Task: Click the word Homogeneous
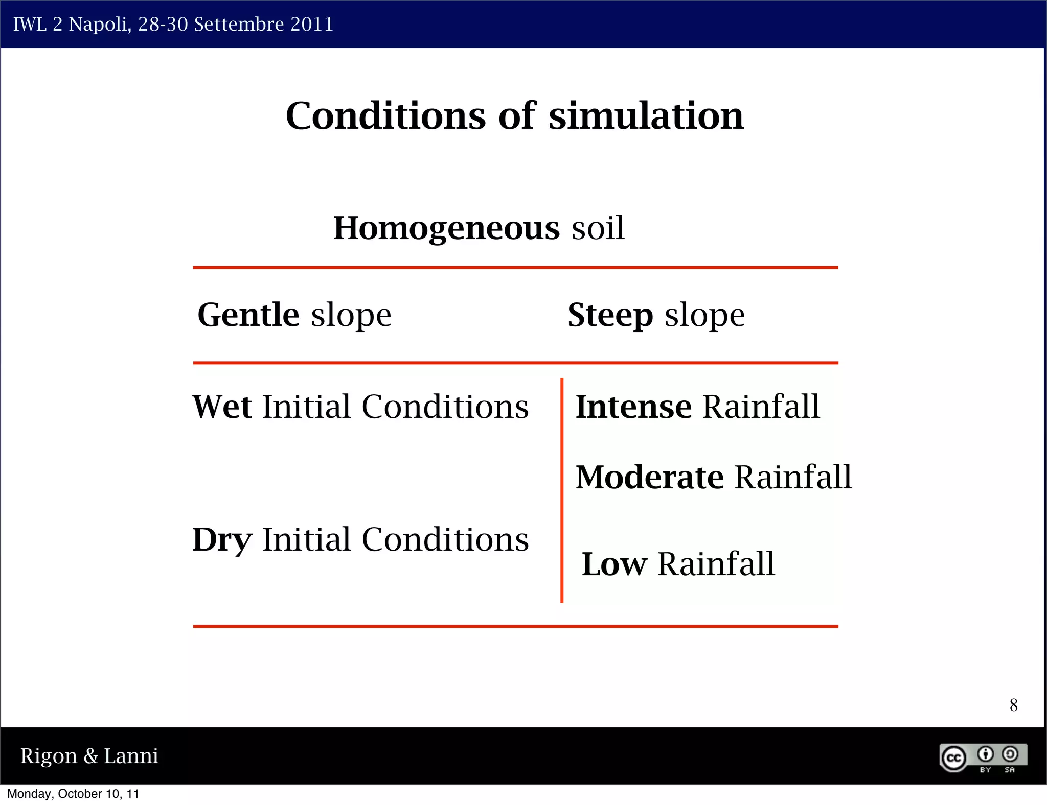pyautogui.click(x=446, y=228)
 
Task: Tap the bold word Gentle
pyautogui.click(x=248, y=315)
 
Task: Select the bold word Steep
pyautogui.click(x=610, y=315)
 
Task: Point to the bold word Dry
pyautogui.click(x=222, y=540)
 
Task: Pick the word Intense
pyautogui.click(x=633, y=407)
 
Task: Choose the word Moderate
pyautogui.click(x=649, y=478)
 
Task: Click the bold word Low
pyautogui.click(x=614, y=564)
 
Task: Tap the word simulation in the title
pyautogui.click(x=646, y=116)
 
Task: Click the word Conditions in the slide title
pyautogui.click(x=385, y=116)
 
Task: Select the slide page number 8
pyautogui.click(x=1013, y=705)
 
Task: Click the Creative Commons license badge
pyautogui.click(x=983, y=758)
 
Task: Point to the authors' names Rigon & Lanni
pyautogui.click(x=89, y=756)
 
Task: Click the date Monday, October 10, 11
pyautogui.click(x=73, y=794)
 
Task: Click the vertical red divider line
pyautogui.click(x=562, y=490)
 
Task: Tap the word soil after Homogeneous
pyautogui.click(x=598, y=228)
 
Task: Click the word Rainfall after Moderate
pyautogui.click(x=793, y=478)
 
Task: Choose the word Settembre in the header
pyautogui.click(x=239, y=25)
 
